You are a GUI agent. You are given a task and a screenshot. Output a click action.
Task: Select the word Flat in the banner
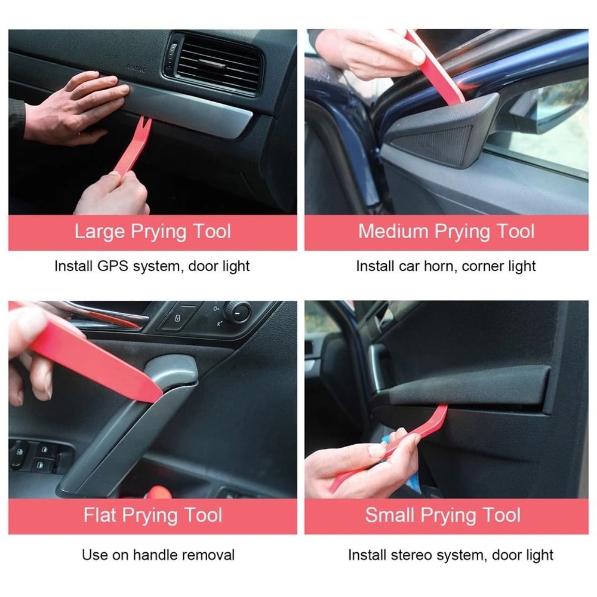pyautogui.click(x=100, y=515)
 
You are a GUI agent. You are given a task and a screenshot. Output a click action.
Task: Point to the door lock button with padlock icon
pyautogui.click(x=179, y=318)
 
